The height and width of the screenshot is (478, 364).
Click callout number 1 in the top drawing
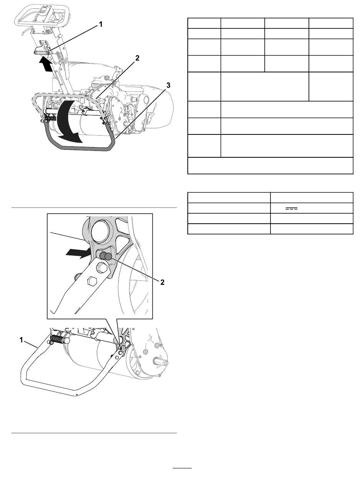(101, 25)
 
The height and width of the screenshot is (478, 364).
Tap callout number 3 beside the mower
(168, 85)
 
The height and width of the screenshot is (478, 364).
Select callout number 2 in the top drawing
(137, 58)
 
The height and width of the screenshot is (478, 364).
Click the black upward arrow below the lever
(46, 64)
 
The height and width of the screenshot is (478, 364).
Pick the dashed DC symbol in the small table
(291, 209)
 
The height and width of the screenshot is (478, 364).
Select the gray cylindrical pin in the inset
(106, 255)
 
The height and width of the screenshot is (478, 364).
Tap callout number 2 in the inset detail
(162, 282)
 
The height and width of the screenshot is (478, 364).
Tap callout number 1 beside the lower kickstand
(21, 340)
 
